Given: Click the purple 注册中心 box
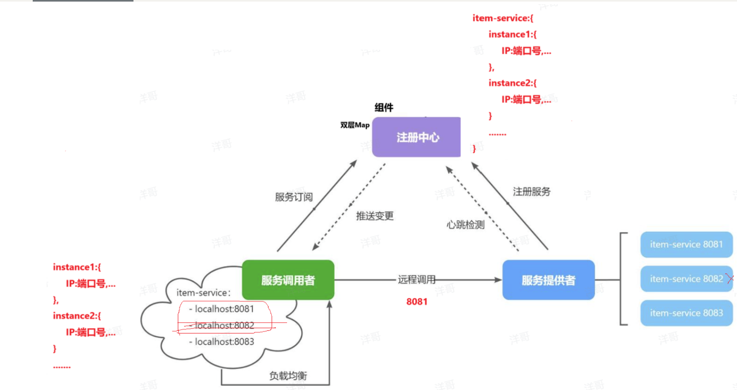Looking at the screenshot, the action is click(416, 137).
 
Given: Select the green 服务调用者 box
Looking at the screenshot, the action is click(288, 280).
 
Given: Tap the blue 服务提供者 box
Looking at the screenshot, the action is click(549, 280).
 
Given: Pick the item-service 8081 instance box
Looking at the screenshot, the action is click(686, 244).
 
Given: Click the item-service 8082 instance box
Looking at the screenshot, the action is click(686, 279).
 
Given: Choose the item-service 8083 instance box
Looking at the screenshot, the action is click(686, 313).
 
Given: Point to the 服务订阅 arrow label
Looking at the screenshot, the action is click(294, 197).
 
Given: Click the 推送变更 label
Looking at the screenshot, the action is click(375, 216).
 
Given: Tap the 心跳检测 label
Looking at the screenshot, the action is click(465, 225).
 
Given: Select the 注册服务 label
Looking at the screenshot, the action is click(532, 192).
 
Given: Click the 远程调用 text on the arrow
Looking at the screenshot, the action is click(417, 279).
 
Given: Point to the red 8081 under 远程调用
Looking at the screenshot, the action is click(417, 301).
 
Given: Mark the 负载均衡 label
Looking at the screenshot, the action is click(288, 376).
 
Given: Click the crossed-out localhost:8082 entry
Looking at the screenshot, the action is click(222, 325).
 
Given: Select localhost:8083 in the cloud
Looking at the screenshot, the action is click(222, 341).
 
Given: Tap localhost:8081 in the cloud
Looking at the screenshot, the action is click(222, 309).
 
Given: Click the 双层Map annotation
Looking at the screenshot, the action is click(355, 125).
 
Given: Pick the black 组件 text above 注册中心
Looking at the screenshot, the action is click(384, 107).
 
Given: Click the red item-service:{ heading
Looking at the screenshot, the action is click(503, 18).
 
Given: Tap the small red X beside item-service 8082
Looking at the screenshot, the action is click(730, 279).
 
